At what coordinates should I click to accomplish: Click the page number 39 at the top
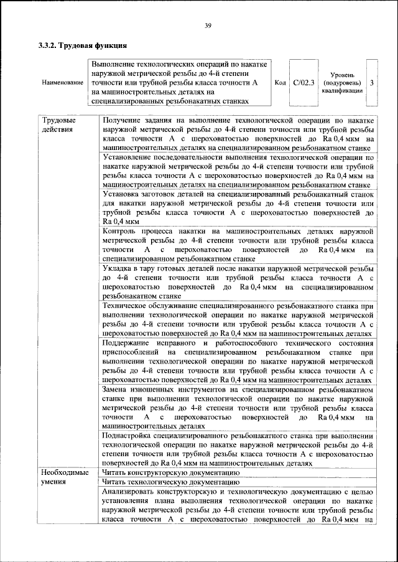(x=208, y=25)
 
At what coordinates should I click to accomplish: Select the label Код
(x=280, y=82)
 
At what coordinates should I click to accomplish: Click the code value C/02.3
(x=304, y=82)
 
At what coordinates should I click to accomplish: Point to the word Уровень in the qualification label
(x=341, y=74)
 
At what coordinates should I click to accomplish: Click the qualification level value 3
(x=372, y=82)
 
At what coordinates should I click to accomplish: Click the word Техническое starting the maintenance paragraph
(x=127, y=307)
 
